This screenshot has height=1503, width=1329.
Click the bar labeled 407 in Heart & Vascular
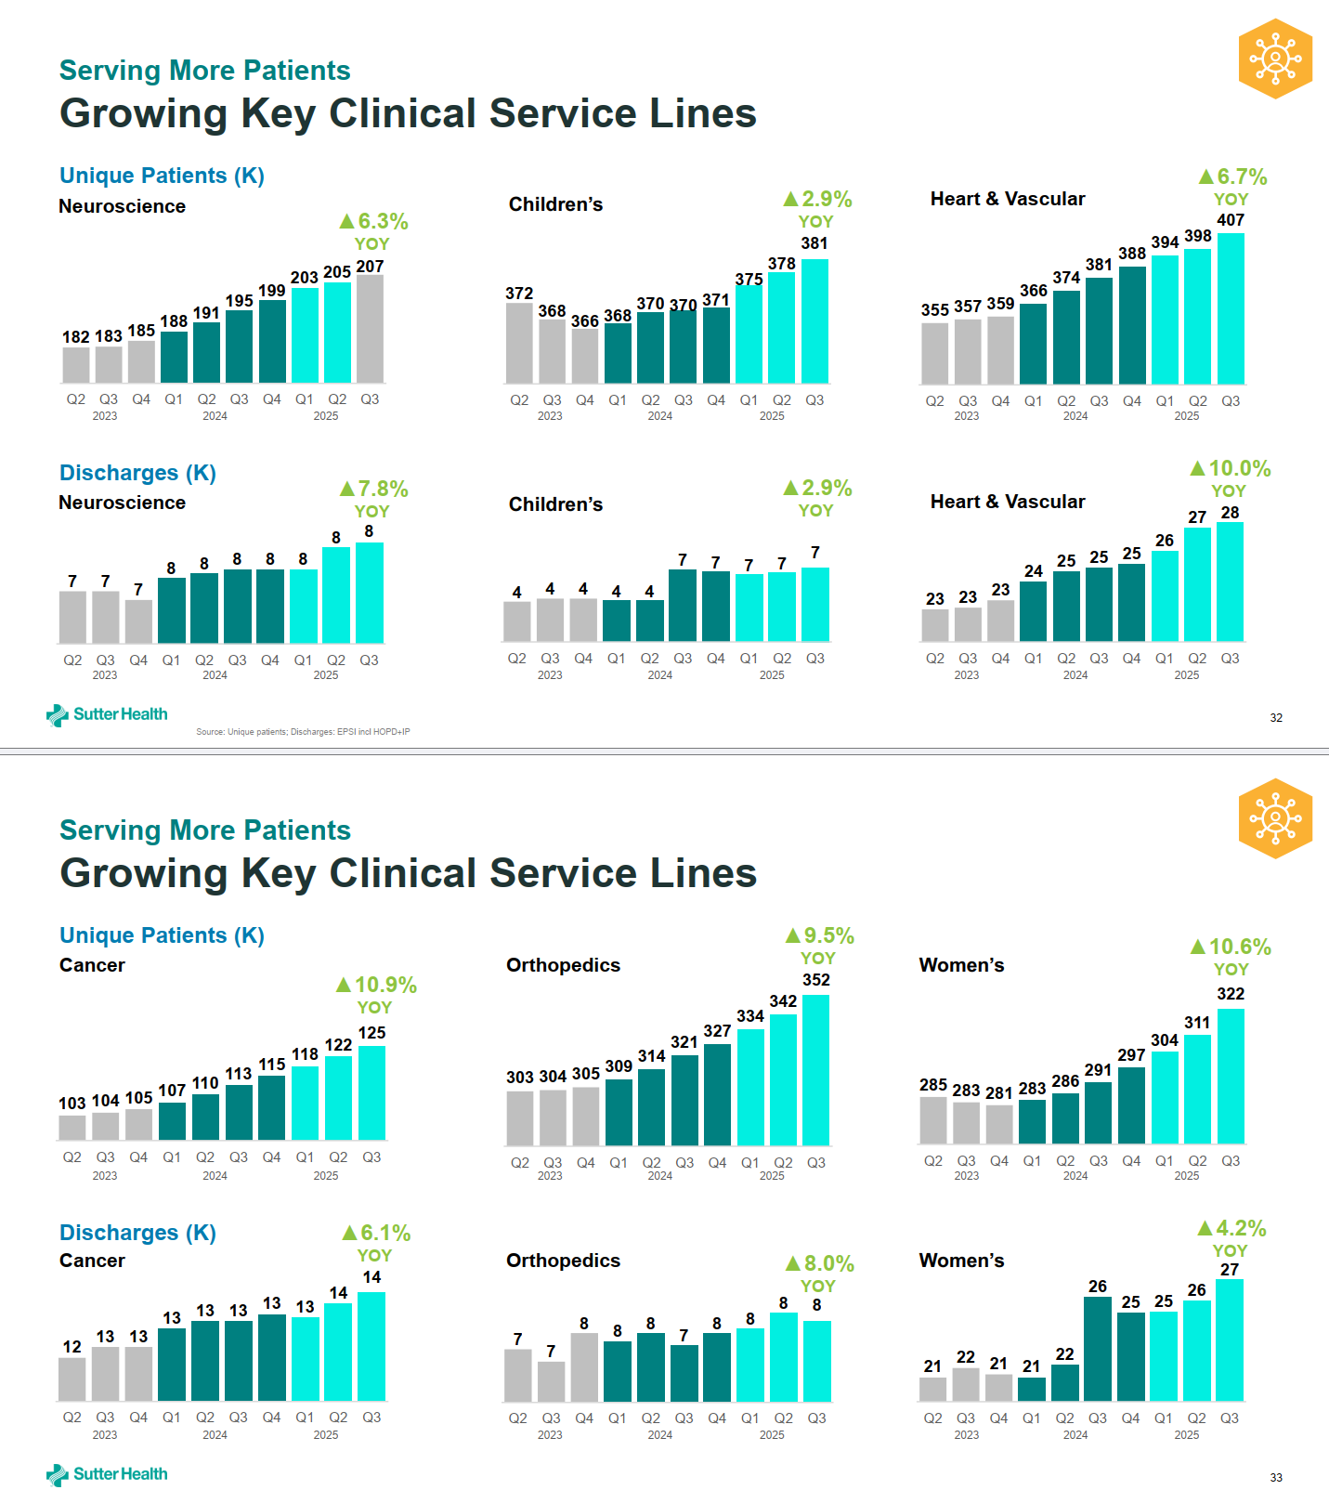click(1231, 308)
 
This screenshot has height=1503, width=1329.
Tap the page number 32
click(1276, 718)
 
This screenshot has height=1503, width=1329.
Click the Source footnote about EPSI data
click(303, 732)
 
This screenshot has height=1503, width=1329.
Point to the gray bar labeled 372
click(519, 343)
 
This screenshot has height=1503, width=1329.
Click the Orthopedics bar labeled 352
click(816, 1070)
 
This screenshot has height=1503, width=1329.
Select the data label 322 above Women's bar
click(1231, 994)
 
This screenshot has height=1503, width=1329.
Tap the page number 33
click(1276, 1478)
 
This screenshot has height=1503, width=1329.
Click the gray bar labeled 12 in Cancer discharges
click(72, 1379)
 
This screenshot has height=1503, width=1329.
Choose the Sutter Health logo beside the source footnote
click(107, 714)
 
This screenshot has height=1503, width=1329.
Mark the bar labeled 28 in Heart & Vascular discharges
click(1230, 582)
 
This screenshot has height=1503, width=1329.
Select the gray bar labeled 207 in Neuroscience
click(370, 329)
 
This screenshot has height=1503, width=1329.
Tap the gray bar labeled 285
click(933, 1120)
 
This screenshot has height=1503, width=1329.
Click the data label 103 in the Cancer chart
click(72, 1103)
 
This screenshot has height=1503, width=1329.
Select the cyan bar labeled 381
click(814, 321)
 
